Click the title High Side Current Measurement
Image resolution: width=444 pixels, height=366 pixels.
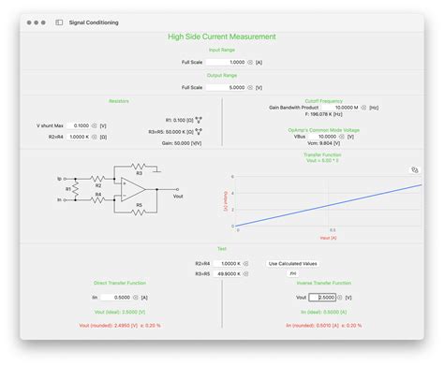pos(221,37)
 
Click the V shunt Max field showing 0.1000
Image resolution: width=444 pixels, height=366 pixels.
pos(80,124)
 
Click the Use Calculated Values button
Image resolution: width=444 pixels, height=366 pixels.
pos(292,263)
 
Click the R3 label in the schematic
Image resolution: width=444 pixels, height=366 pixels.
pos(139,172)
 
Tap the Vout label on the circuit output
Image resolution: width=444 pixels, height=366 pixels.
pos(179,198)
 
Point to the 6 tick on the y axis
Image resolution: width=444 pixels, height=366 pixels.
pos(232,177)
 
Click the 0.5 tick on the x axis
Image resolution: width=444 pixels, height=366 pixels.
pos(332,230)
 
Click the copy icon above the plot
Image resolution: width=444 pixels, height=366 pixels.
pos(414,170)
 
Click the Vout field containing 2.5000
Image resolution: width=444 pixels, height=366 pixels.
pos(323,297)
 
